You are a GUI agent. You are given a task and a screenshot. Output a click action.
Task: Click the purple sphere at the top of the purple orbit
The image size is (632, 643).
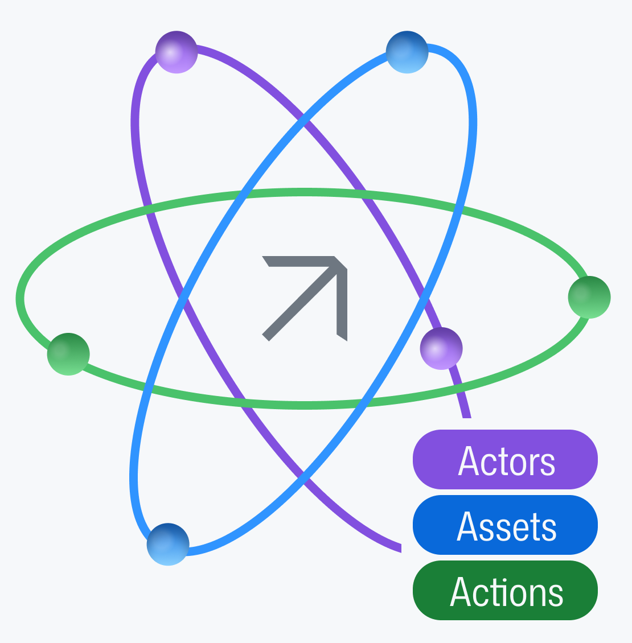coord(177,52)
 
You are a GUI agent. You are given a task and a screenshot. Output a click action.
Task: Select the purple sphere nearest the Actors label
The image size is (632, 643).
coord(441,348)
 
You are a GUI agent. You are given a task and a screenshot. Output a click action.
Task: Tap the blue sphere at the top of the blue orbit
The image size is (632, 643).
coord(407,52)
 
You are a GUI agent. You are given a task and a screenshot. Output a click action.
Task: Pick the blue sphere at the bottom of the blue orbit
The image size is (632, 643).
coord(168,544)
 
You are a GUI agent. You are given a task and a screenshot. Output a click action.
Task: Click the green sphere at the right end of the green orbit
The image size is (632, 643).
coord(589,297)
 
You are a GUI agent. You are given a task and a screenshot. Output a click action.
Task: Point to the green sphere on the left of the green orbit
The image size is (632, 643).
coord(68,354)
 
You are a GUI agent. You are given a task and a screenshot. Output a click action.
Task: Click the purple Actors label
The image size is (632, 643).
coord(505,459)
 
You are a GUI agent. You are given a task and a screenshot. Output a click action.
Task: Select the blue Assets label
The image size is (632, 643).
coord(505,525)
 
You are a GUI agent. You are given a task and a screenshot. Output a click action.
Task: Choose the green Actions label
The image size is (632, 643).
coord(505,590)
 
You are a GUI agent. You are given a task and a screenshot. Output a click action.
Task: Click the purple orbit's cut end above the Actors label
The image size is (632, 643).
coord(467,415)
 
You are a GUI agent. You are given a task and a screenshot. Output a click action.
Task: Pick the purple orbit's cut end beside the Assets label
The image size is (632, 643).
coord(400,548)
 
